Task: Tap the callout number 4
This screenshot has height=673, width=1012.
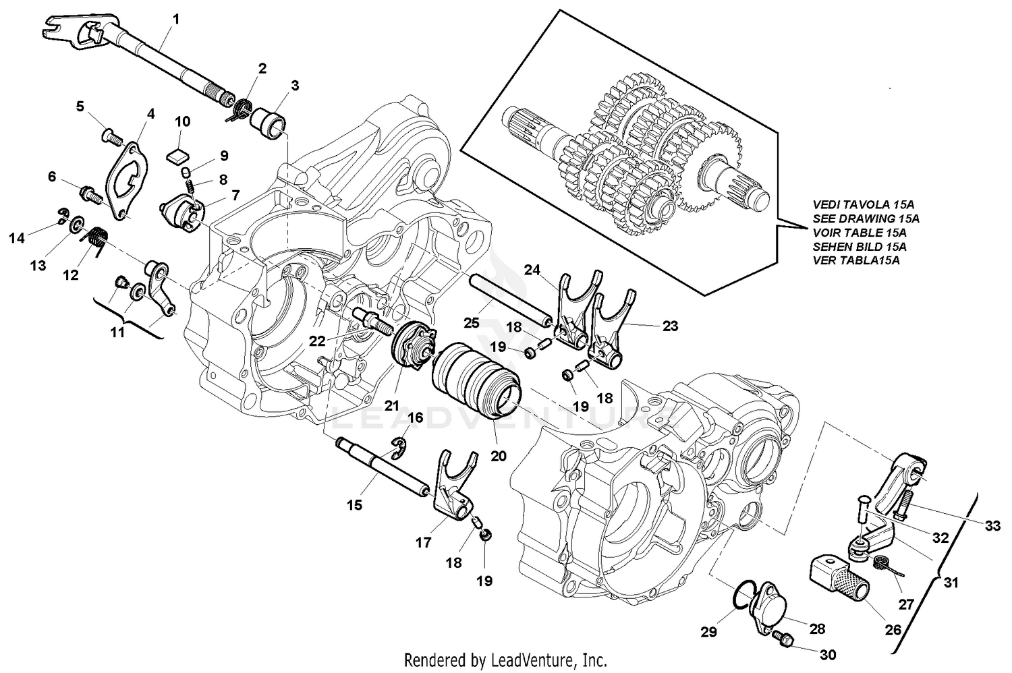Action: coord(150,114)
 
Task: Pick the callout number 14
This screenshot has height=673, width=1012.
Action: coord(16,237)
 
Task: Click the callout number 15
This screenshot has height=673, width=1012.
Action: coord(355,504)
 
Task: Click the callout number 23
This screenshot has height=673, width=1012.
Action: coord(670,325)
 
